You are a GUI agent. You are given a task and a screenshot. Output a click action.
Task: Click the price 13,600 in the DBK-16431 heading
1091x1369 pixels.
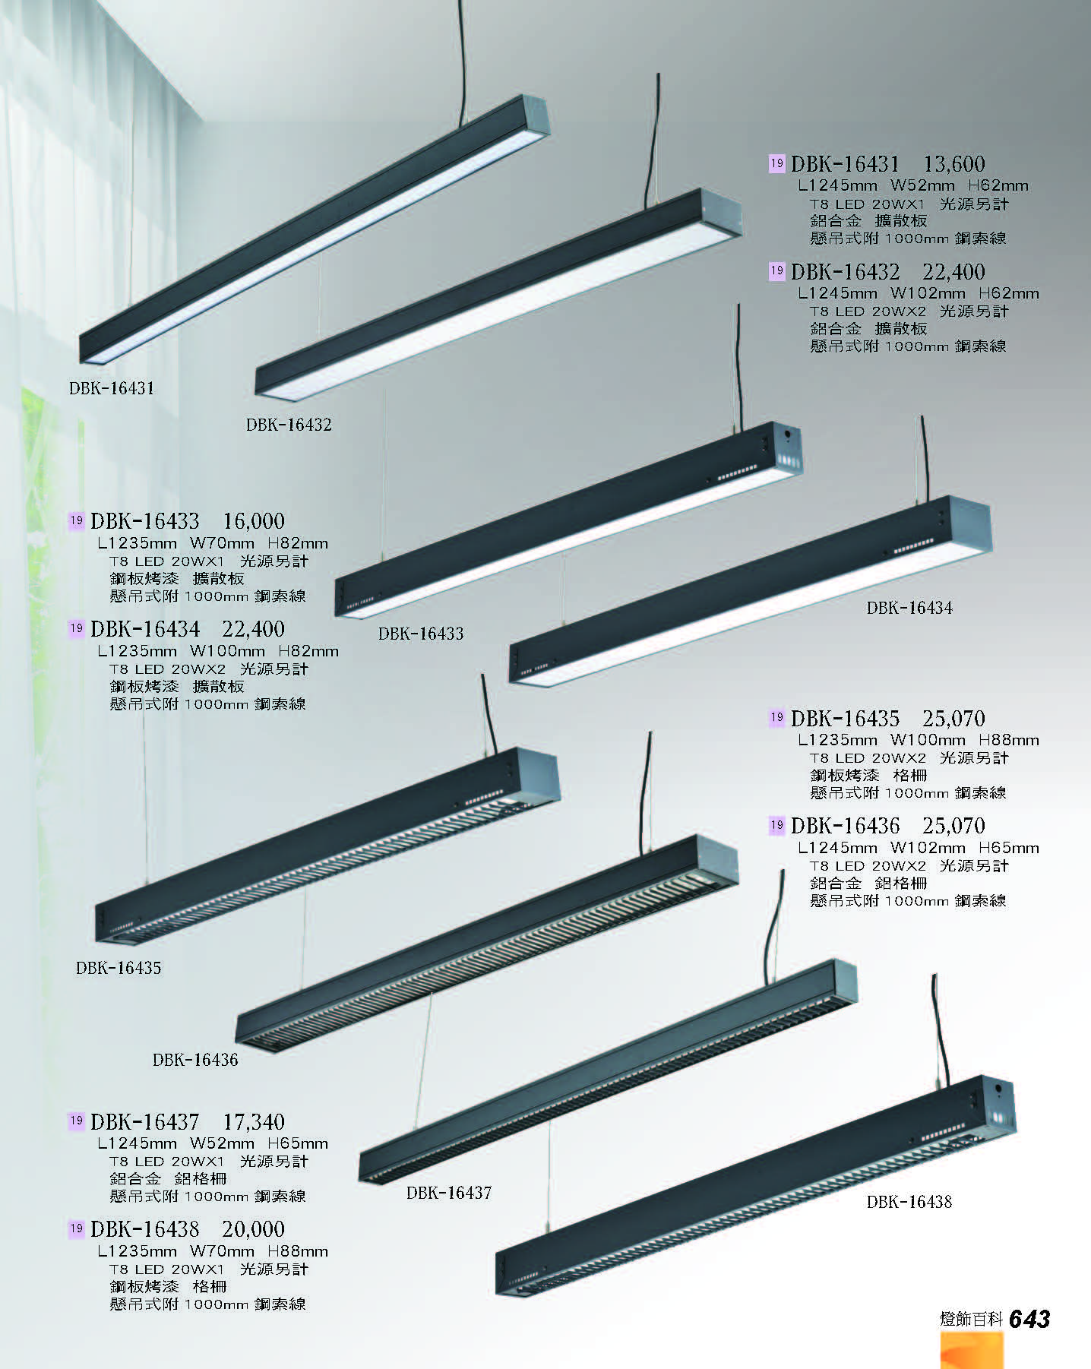(954, 163)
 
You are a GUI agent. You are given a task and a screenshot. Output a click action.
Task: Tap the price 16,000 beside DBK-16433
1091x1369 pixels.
(254, 521)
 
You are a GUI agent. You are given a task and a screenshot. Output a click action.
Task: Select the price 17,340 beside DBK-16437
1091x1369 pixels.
(254, 1121)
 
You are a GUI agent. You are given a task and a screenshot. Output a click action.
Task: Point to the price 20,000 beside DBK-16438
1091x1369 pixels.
(254, 1229)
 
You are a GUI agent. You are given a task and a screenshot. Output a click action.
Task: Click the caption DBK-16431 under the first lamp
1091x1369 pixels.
(112, 388)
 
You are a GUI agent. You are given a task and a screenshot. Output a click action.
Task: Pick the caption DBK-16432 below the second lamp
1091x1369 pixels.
(289, 425)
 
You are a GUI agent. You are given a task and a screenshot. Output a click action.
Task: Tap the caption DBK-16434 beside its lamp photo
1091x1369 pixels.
(909, 608)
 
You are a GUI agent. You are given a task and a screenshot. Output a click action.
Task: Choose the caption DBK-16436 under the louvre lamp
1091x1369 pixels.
(195, 1060)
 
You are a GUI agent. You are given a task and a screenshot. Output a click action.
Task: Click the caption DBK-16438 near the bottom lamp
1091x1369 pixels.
(909, 1202)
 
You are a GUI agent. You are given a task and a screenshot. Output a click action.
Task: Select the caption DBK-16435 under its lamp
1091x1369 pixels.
(119, 969)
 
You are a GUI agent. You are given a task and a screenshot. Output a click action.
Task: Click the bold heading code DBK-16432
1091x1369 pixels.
(845, 272)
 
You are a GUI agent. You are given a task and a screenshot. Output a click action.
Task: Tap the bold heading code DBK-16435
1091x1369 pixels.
(845, 719)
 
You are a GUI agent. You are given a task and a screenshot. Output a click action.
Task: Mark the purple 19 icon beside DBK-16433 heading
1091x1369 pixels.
(76, 520)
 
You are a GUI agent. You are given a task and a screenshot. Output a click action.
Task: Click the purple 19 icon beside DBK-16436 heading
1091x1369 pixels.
(776, 825)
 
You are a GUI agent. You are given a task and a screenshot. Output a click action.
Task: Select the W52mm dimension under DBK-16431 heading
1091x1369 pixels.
(922, 185)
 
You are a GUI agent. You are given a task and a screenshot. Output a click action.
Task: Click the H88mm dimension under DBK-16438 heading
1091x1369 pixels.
(298, 1251)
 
